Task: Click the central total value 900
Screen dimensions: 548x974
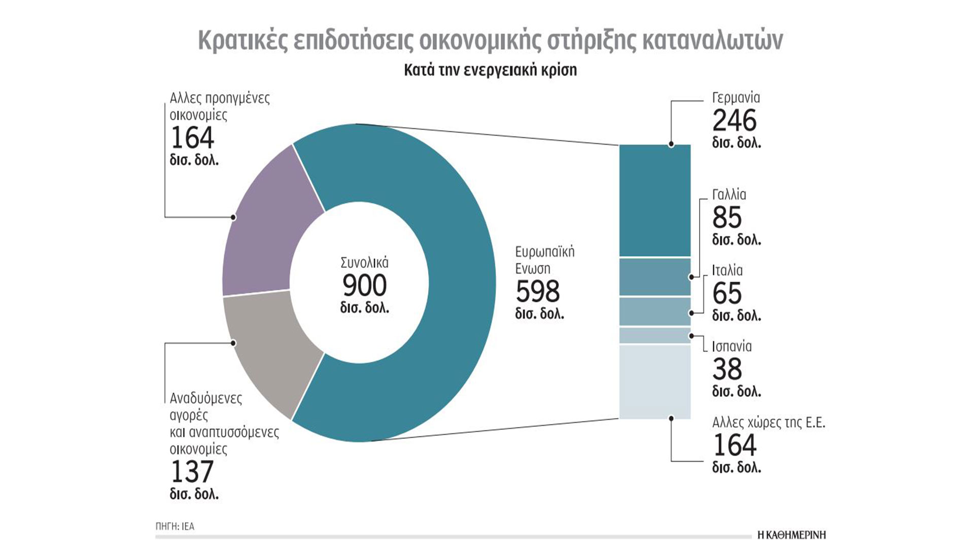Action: coord(364,285)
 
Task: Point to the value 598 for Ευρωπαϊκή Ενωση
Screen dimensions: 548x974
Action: coord(538,291)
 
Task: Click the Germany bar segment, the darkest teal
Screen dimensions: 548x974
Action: coord(655,200)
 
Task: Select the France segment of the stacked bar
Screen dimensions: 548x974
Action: coord(655,277)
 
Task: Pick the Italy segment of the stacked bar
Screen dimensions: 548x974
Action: coord(655,312)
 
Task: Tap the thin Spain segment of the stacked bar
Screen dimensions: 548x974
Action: coord(655,335)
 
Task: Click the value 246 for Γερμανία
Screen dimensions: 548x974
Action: coord(734,121)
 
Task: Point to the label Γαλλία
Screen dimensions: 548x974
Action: coord(729,195)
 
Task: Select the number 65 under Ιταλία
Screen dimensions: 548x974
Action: coord(727,293)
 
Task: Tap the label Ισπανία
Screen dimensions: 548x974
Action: coord(732,347)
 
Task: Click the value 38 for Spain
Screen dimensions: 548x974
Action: coord(727,369)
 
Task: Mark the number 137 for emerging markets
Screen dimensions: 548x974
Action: coord(192,472)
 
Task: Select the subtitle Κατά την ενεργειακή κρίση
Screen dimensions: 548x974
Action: coord(490,70)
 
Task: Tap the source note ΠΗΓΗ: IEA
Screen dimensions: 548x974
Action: coord(175,526)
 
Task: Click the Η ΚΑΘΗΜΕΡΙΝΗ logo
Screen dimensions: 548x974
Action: coord(791,535)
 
